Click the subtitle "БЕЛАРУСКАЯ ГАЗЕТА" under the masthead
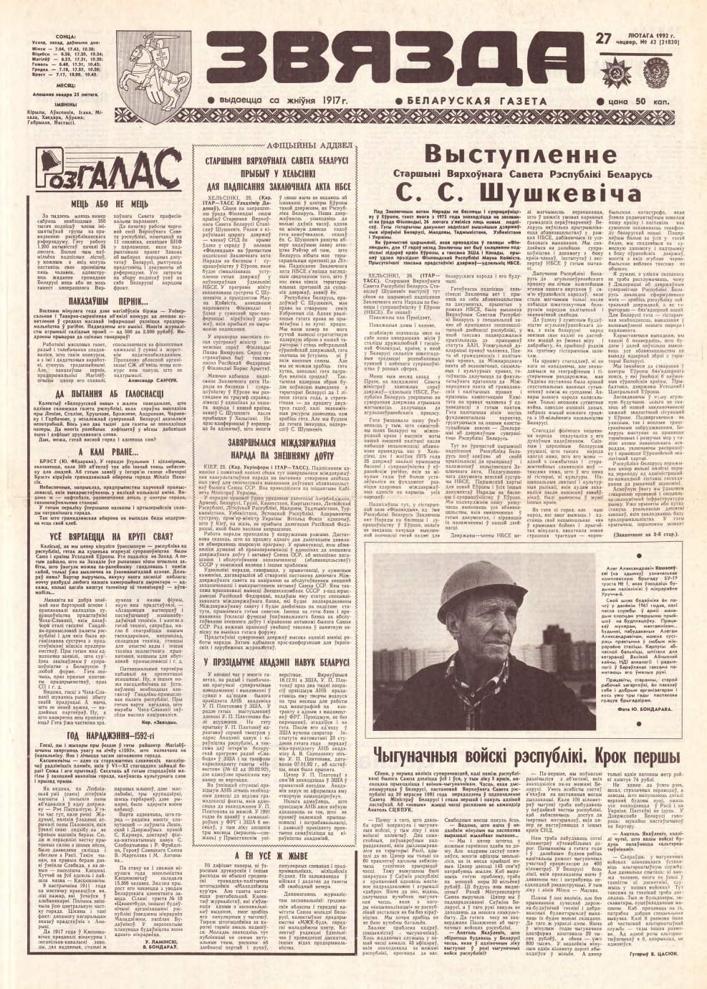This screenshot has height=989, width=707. click(473, 102)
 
